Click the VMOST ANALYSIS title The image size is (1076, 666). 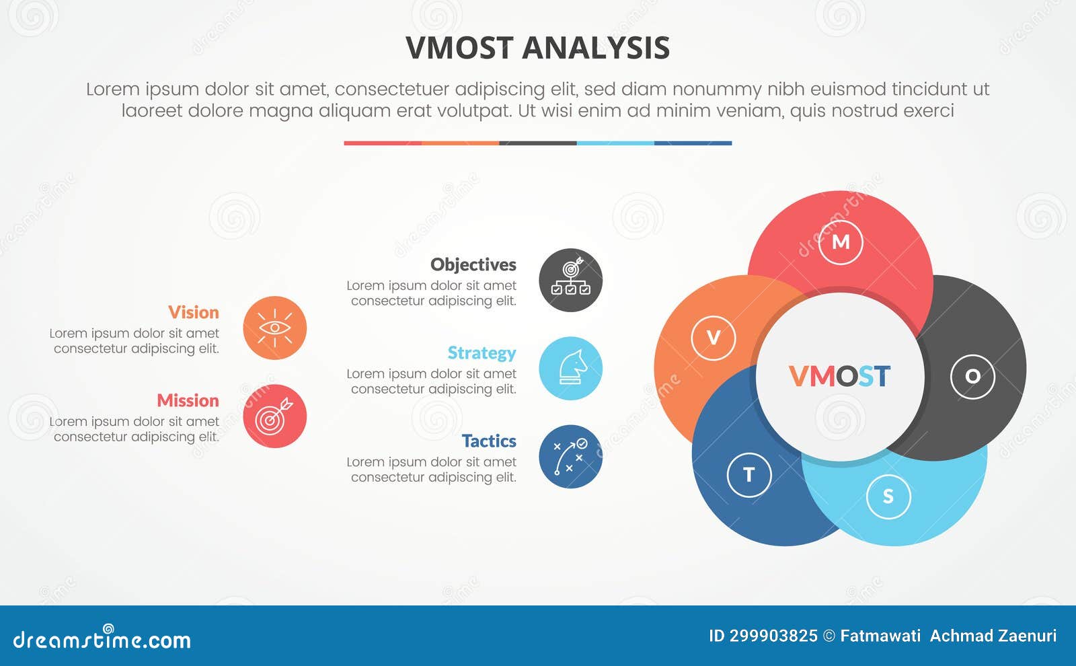[537, 48]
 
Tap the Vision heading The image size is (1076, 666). [193, 312]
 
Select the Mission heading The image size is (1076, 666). [188, 400]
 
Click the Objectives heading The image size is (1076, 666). [473, 264]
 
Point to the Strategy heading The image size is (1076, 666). [482, 353]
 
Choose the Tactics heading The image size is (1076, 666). [488, 441]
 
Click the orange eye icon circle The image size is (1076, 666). [274, 328]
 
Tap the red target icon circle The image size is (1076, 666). [274, 416]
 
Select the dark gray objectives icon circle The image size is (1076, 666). [570, 280]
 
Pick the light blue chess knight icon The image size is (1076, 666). [570, 368]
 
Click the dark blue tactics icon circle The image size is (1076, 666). [570, 456]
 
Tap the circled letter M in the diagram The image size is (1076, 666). [841, 242]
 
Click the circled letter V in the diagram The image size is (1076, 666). [714, 338]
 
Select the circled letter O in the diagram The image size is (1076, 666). [972, 376]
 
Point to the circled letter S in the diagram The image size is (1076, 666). [888, 496]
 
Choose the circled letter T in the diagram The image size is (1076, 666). [749, 475]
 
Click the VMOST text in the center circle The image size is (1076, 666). [839, 376]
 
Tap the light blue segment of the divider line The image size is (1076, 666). [615, 143]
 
